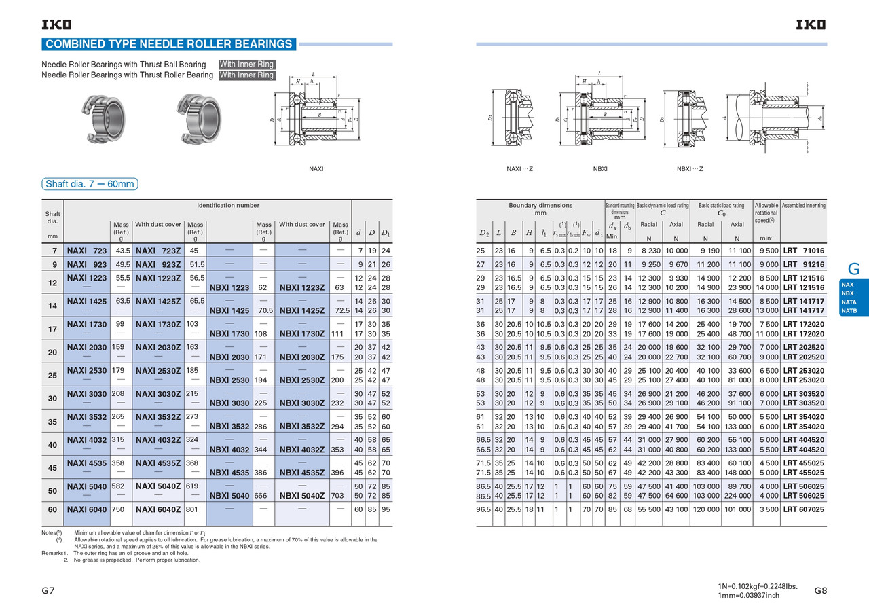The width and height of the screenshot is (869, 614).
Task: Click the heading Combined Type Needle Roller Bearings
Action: coord(168,44)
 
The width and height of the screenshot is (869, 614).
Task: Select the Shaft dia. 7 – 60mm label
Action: coord(90,184)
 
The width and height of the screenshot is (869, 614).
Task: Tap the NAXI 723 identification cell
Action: coord(86,251)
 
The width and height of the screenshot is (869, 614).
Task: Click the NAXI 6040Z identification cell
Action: coord(158,509)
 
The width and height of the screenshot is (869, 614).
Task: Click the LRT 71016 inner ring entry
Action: coord(804,251)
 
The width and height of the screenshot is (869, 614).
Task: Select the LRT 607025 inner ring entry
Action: coord(804,509)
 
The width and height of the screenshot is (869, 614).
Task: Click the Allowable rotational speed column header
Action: coord(766,212)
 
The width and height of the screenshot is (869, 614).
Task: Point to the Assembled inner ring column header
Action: coord(803,205)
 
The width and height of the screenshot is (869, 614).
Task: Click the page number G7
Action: coord(48,590)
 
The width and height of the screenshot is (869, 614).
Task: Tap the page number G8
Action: coord(820,590)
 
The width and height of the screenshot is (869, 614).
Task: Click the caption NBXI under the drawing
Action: coord(599,168)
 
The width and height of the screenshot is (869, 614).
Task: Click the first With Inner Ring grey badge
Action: coord(246,65)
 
